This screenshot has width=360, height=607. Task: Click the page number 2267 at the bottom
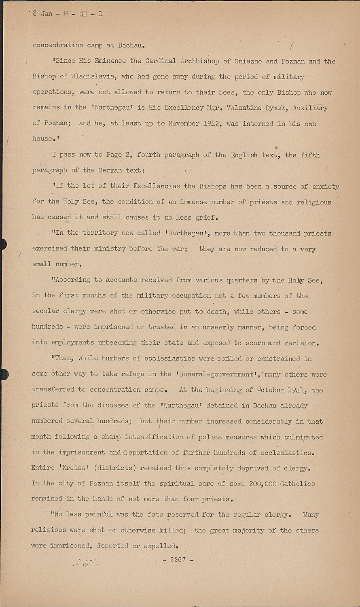point(178,560)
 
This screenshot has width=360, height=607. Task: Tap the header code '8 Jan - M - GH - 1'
point(68,13)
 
